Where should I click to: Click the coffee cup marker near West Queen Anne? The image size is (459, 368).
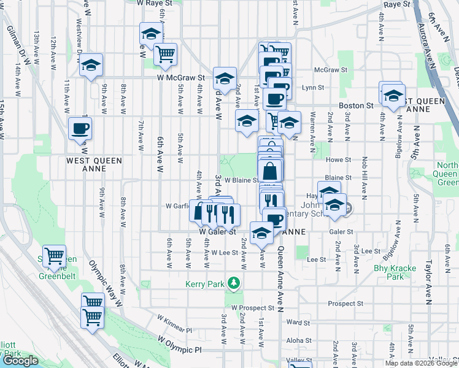(80, 129)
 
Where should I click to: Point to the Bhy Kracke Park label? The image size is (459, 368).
(395, 272)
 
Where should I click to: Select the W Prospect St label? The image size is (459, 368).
(252, 307)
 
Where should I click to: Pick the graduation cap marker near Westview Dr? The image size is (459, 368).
(91, 66)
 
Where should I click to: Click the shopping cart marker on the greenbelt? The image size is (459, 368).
(55, 255)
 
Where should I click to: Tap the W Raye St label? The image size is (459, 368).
(153, 3)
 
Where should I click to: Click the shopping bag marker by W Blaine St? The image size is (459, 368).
(270, 170)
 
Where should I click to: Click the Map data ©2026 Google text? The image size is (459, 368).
(420, 363)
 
